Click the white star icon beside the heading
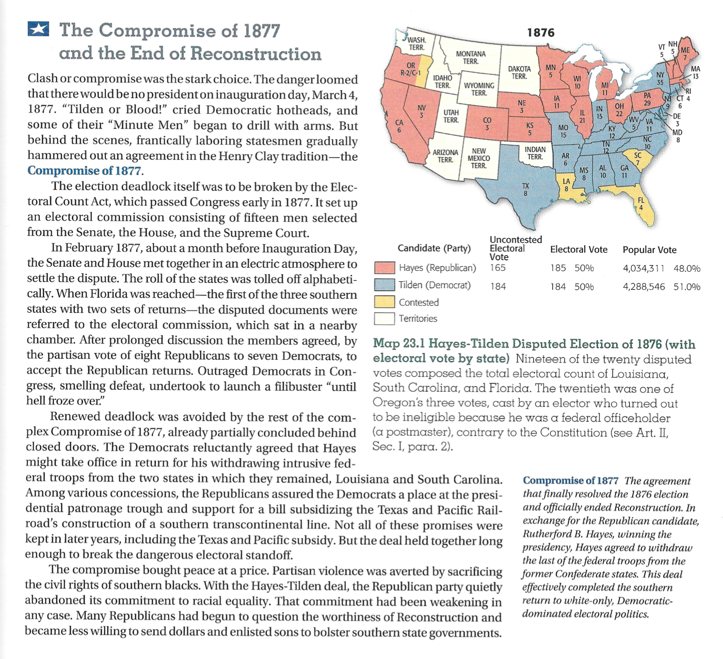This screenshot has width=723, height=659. (x=38, y=29)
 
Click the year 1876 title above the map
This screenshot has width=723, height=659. (x=540, y=32)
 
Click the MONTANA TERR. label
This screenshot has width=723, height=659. (x=470, y=57)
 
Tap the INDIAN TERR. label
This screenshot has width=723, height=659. (x=534, y=153)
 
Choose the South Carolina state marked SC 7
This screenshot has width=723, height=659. (x=636, y=159)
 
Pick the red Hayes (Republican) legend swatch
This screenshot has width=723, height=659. (x=384, y=268)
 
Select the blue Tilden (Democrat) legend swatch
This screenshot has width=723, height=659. (x=384, y=285)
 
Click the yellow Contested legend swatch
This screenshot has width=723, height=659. (x=384, y=302)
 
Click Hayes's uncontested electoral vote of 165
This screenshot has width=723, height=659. (x=498, y=268)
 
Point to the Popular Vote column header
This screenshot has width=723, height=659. (x=649, y=250)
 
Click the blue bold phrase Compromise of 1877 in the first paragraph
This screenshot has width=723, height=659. (x=84, y=171)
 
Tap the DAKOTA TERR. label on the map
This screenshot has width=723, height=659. (x=519, y=72)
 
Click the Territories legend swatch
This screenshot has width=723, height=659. (x=384, y=318)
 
